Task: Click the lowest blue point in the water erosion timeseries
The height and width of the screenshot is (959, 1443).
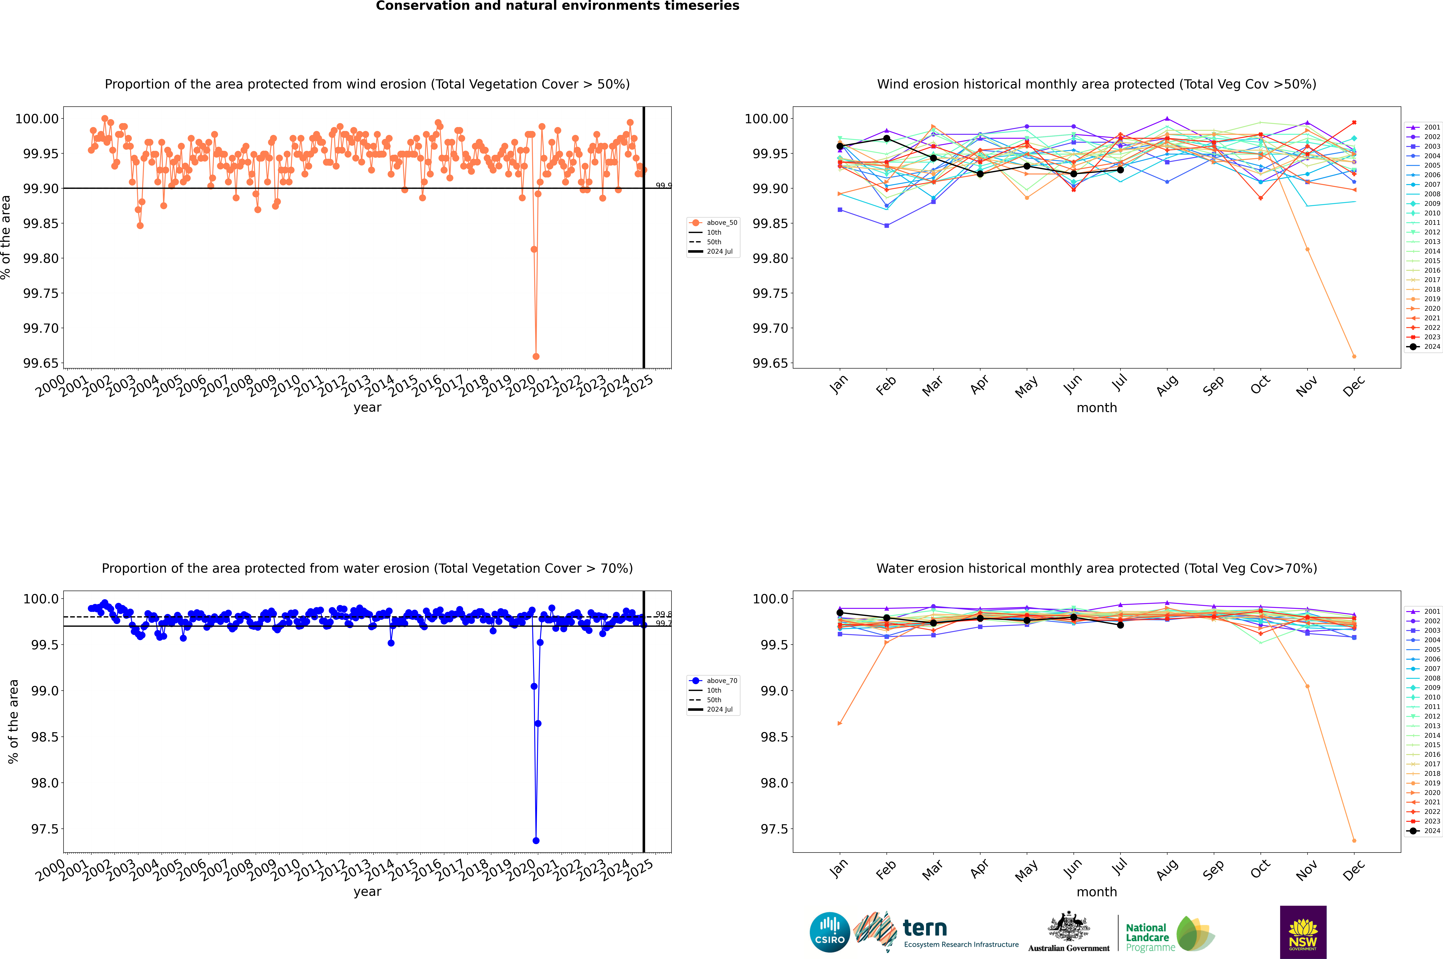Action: click(536, 840)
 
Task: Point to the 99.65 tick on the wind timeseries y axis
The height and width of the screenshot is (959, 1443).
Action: click(40, 363)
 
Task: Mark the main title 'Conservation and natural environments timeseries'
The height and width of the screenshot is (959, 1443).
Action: click(557, 6)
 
